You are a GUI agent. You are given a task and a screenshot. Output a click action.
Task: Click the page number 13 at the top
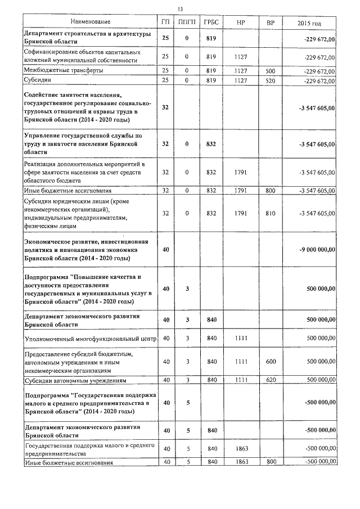pos(180,10)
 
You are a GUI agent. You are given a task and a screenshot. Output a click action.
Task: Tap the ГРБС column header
pos(211,22)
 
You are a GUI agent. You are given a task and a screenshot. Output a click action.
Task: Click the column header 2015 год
pos(309,22)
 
